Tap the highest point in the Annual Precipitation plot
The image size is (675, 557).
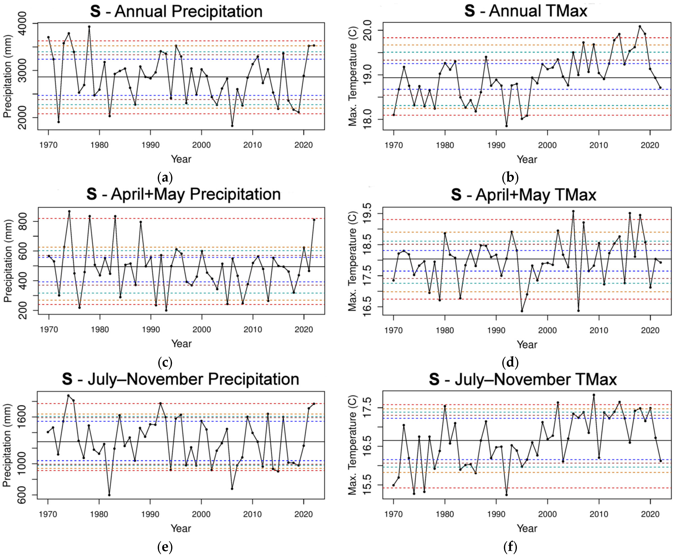(89, 27)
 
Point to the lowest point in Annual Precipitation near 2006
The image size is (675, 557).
(232, 126)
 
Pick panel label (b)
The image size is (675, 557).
(510, 177)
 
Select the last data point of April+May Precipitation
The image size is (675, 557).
(314, 220)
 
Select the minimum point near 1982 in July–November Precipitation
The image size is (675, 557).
(109, 495)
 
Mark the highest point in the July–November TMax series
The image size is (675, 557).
(594, 395)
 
